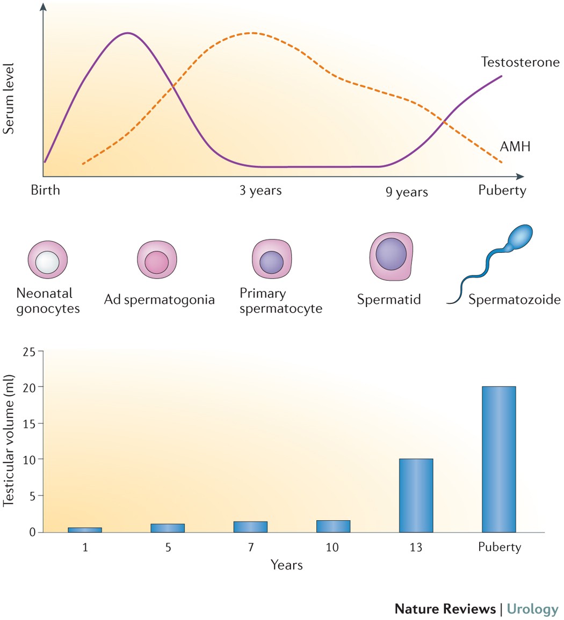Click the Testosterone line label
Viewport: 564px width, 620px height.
[512, 62]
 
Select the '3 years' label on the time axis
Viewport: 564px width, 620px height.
[261, 191]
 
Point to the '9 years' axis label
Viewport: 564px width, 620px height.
[407, 192]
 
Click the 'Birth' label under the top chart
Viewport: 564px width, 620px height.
[46, 190]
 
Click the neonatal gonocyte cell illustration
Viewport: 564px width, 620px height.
[48, 260]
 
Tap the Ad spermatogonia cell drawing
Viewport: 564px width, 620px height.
[157, 260]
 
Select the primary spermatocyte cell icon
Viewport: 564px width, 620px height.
[272, 260]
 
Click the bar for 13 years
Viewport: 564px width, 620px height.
[416, 495]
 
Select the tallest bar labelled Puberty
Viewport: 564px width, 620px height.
[498, 459]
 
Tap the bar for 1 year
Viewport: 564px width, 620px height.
[85, 530]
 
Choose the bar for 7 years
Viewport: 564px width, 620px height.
[250, 527]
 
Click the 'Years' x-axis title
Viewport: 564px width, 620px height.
[286, 565]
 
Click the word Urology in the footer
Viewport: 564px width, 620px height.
[533, 609]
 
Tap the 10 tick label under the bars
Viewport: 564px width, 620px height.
[333, 548]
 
